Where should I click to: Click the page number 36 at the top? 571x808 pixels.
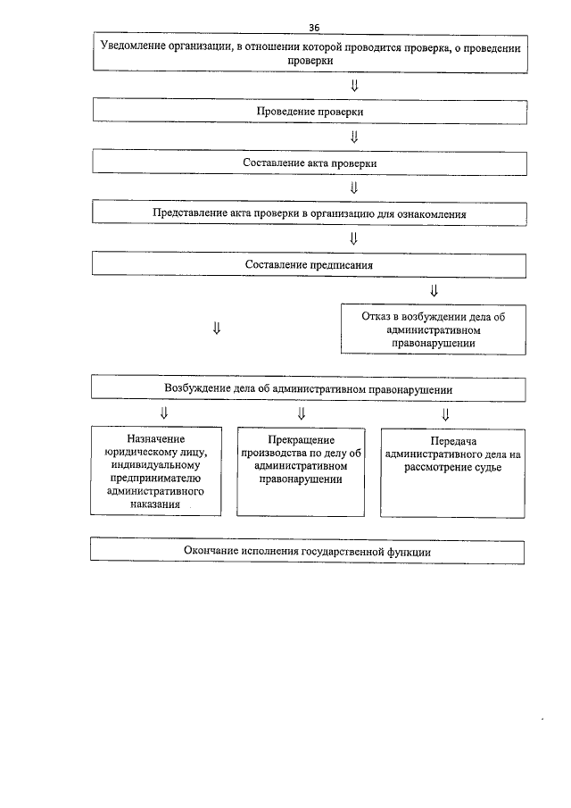314,27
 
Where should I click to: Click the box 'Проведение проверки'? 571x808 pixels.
309,111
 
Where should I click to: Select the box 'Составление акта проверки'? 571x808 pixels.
309,162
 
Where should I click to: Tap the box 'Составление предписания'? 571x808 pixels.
309,265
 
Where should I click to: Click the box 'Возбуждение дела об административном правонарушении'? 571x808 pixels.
309,388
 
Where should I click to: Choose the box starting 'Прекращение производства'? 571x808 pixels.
301,471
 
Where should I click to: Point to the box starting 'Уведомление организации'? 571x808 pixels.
309,52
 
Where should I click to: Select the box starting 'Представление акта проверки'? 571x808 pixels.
309,214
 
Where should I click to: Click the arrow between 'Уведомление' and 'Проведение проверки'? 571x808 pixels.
354,86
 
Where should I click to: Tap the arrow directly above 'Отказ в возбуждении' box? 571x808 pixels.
434,290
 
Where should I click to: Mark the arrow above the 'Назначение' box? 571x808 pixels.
163,413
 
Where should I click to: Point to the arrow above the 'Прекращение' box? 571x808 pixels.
302,413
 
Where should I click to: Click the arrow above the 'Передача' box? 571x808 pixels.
445,413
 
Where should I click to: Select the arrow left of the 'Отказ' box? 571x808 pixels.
217,328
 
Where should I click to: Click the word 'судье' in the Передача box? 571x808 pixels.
489,467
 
